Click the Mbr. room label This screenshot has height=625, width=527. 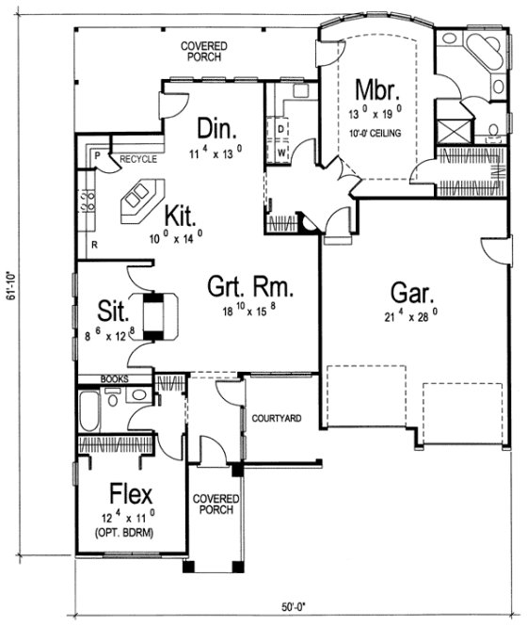379,90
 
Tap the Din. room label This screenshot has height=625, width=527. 216,127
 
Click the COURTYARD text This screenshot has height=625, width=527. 276,417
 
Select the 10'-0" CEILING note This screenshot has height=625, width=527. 379,134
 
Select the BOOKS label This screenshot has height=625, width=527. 114,379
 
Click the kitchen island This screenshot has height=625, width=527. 137,199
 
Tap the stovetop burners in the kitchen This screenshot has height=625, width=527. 91,200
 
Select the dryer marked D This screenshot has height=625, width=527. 279,128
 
